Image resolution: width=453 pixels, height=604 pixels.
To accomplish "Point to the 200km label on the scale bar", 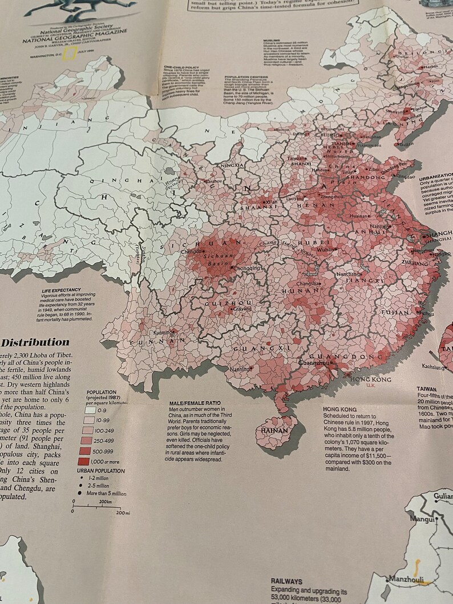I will (x=104, y=501).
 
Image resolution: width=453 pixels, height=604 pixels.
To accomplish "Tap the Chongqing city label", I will (x=247, y=267).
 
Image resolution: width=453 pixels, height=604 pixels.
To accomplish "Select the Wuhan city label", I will (x=326, y=250).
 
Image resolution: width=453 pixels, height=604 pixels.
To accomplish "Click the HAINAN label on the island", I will (x=274, y=431).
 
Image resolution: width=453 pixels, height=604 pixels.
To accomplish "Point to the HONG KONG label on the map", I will (x=370, y=379).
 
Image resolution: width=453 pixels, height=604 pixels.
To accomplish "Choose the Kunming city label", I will (x=164, y=333).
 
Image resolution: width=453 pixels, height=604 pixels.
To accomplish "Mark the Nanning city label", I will (x=240, y=369).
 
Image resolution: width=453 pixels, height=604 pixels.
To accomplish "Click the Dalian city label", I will (x=406, y=144).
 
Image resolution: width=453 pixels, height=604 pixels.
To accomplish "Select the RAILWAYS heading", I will (x=286, y=581).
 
